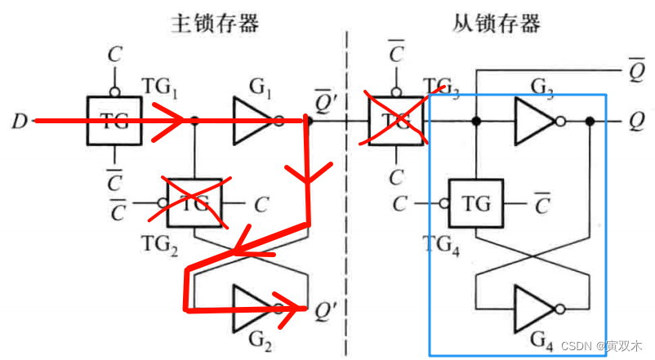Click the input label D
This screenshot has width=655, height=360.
click(18, 122)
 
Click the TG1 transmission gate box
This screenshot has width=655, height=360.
click(114, 120)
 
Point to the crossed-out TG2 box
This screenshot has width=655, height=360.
click(194, 201)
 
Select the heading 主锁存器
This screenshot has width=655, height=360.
click(215, 23)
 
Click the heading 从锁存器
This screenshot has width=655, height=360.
click(496, 23)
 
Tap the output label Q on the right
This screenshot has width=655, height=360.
click(636, 122)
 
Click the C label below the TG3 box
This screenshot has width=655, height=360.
click(397, 176)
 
